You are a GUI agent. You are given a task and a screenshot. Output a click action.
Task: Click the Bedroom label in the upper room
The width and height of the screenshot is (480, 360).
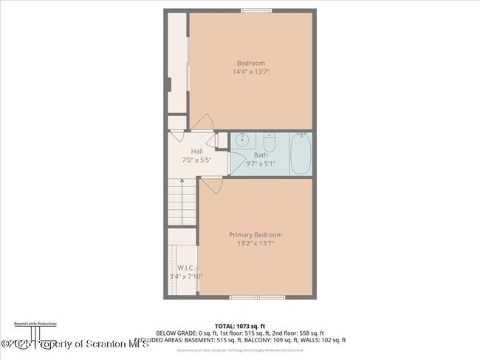tap(250, 63)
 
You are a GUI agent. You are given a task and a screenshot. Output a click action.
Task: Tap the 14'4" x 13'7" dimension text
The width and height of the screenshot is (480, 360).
tap(250, 72)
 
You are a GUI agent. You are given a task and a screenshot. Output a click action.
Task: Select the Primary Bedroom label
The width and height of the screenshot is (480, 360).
tap(255, 235)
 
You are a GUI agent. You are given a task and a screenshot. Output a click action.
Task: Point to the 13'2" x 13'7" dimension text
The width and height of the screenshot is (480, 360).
tap(255, 243)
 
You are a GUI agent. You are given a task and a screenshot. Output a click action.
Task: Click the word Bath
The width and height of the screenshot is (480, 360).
tap(261, 155)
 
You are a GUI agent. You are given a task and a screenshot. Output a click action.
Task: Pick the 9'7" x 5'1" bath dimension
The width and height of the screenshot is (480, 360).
tap(261, 163)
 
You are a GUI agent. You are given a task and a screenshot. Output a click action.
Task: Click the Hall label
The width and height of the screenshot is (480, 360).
tap(197, 152)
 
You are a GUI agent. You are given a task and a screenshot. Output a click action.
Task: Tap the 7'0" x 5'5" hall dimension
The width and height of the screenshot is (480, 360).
tap(197, 160)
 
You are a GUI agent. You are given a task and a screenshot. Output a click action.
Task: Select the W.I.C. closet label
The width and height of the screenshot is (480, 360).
tap(185, 268)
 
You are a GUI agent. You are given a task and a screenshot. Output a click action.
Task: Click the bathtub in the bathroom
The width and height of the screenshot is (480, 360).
tap(300, 154)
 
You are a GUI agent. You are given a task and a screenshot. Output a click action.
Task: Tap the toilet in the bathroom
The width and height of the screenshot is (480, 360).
tap(269, 142)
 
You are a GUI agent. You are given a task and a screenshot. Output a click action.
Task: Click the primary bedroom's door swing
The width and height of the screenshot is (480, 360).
tap(211, 186)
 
